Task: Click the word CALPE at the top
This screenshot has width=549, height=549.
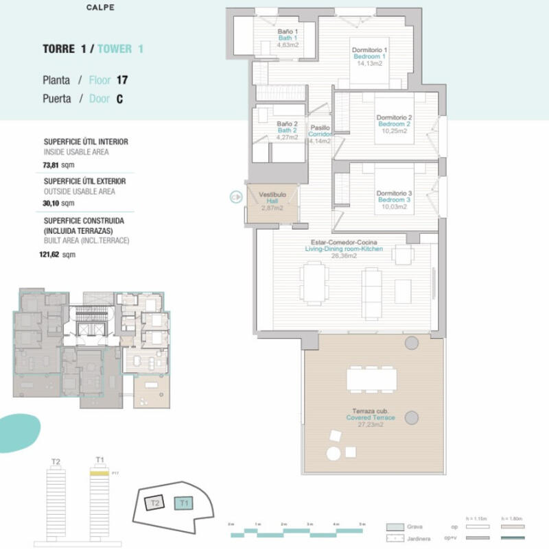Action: pyautogui.click(x=100, y=8)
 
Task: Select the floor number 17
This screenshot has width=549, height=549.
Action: pyautogui.click(x=122, y=80)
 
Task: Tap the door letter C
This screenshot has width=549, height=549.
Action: pyautogui.click(x=119, y=99)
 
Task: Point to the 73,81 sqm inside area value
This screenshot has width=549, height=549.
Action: pyautogui.click(x=58, y=164)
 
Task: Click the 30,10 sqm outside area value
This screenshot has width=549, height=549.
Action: pyautogui.click(x=58, y=204)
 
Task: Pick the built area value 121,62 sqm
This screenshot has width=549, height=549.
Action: pyautogui.click(x=58, y=254)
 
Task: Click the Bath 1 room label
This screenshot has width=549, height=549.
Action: pyautogui.click(x=287, y=38)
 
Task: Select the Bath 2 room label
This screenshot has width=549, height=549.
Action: pyautogui.click(x=287, y=130)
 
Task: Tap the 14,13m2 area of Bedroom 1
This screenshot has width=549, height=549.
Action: pyautogui.click(x=370, y=63)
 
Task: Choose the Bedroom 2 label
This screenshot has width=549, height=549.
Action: pyautogui.click(x=394, y=124)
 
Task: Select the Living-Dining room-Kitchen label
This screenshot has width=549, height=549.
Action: pyautogui.click(x=344, y=249)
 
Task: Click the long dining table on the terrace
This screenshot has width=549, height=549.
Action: pyautogui.click(x=371, y=378)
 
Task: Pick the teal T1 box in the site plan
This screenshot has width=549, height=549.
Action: pyautogui.click(x=183, y=504)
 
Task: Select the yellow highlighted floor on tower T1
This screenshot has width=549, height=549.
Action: pyautogui.click(x=100, y=473)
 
